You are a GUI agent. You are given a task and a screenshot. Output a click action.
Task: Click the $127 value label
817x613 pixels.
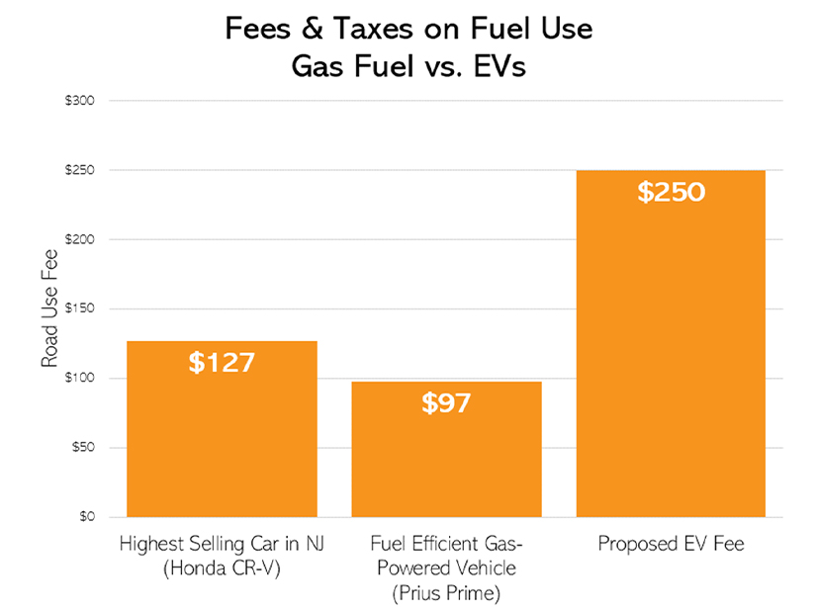pyautogui.click(x=222, y=362)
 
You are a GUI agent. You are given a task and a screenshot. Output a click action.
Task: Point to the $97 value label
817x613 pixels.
pyautogui.click(x=446, y=402)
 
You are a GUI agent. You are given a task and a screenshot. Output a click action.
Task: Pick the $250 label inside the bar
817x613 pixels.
pyautogui.click(x=671, y=192)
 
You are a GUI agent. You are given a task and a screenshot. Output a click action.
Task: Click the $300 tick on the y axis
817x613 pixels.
pyautogui.click(x=81, y=101)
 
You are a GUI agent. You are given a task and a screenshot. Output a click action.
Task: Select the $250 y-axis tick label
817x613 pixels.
pyautogui.click(x=81, y=170)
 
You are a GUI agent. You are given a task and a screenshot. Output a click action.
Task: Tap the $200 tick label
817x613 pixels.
pyautogui.click(x=81, y=239)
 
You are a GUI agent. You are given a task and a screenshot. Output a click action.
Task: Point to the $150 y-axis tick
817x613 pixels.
pyautogui.click(x=81, y=308)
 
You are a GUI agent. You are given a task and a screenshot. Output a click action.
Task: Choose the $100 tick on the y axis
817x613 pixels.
pyautogui.click(x=81, y=379)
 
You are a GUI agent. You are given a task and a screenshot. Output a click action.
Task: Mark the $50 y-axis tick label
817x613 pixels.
pyautogui.click(x=83, y=448)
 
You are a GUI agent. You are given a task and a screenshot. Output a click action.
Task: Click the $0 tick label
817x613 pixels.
pyautogui.click(x=86, y=517)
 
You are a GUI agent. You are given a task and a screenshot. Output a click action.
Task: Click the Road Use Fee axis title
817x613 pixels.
pyautogui.click(x=49, y=308)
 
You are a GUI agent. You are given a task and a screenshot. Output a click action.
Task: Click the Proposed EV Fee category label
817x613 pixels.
pyautogui.click(x=671, y=545)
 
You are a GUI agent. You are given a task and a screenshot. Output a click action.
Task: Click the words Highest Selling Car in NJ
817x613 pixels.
pyautogui.click(x=222, y=545)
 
